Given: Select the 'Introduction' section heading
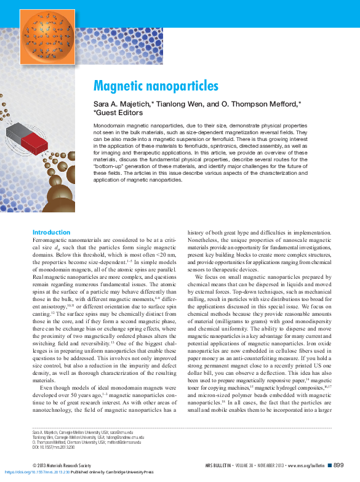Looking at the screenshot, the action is [x=51, y=232].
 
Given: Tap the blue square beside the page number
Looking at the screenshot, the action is [x=330, y=466].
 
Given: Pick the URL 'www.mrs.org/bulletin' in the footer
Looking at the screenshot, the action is [x=305, y=466].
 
